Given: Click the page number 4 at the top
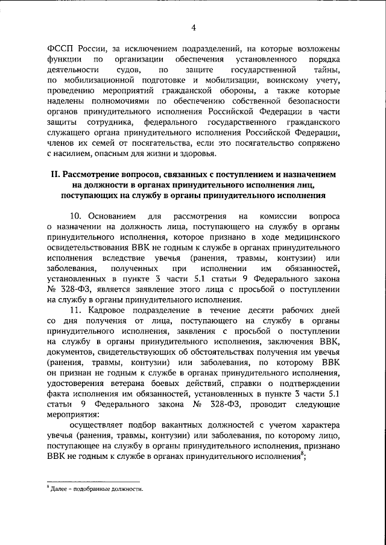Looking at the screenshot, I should (194, 26).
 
